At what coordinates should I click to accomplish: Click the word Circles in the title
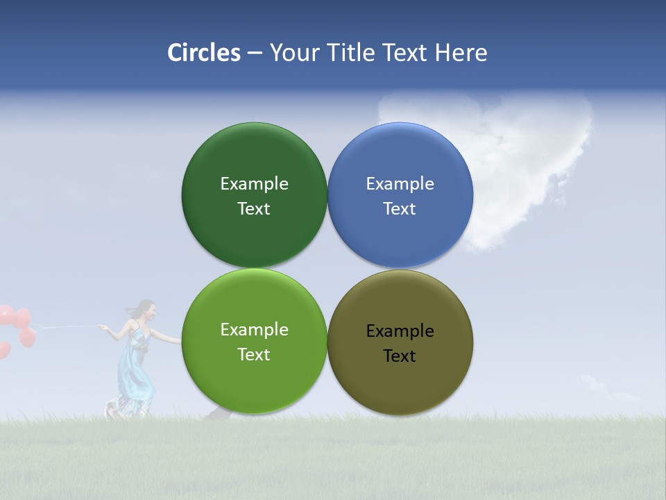pos(204,53)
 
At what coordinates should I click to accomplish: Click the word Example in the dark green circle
pos(254,183)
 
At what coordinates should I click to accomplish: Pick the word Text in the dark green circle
pos(254,208)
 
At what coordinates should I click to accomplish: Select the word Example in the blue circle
pos(400,183)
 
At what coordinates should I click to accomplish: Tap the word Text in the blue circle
pos(400,208)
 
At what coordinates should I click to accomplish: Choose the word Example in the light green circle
pos(254,329)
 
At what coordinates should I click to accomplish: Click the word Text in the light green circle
pos(254,354)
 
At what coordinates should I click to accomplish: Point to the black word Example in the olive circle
pos(400,331)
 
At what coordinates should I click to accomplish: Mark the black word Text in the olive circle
pos(400,356)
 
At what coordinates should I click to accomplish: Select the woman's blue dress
pos(135,368)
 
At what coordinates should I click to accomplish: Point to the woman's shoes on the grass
pos(111,411)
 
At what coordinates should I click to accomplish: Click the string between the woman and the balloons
pos(66,326)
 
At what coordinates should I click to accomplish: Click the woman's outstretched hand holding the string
pos(102,327)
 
